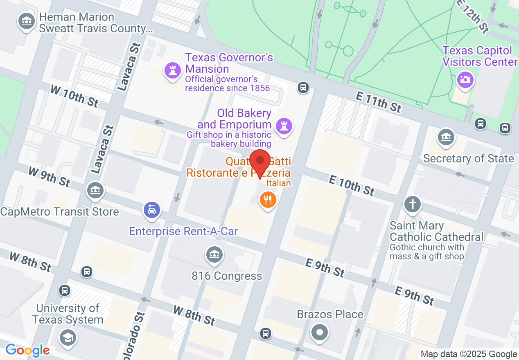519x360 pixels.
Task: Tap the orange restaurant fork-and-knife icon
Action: click(268, 200)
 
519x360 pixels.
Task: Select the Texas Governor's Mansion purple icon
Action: click(172, 70)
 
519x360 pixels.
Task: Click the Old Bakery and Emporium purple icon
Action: click(283, 125)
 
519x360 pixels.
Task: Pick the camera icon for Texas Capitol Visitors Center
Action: click(465, 79)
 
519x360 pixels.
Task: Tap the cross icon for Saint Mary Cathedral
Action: click(412, 204)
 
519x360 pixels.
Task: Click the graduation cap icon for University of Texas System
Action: click(68, 338)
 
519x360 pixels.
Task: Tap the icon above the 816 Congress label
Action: click(214, 255)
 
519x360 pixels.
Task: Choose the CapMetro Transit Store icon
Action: click(95, 190)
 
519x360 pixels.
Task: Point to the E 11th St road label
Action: click(378, 101)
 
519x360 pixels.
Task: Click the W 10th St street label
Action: click(74, 96)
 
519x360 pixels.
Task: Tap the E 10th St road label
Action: click(352, 184)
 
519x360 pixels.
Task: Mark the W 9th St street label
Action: click(50, 176)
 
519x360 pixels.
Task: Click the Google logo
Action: click(27, 350)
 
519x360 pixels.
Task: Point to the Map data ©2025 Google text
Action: click(469, 354)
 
